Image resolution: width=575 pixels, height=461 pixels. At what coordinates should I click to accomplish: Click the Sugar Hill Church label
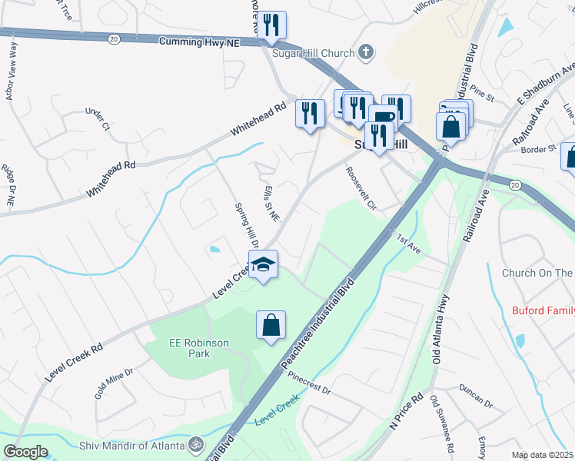click(314, 53)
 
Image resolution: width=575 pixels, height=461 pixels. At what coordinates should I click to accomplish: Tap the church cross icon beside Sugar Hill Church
click(367, 52)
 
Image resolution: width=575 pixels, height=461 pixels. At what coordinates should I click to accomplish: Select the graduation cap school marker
click(263, 264)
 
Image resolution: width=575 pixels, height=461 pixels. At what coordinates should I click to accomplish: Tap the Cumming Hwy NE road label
click(199, 43)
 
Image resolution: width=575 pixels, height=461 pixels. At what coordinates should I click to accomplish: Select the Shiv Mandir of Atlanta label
click(132, 446)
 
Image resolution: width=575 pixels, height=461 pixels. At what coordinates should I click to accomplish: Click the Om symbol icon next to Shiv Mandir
click(195, 445)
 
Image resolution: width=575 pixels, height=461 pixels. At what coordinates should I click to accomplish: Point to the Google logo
click(25, 452)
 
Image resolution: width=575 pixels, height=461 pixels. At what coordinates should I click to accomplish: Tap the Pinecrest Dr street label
click(309, 383)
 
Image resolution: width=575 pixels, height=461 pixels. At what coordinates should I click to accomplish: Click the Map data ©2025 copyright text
click(542, 455)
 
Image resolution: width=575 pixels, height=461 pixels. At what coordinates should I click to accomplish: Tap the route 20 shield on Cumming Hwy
click(114, 38)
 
